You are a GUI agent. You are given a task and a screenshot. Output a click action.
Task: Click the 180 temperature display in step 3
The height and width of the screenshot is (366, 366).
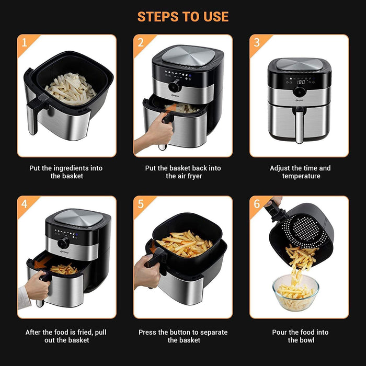[x=301, y=82]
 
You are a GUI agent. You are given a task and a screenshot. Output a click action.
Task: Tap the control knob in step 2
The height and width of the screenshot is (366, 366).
[x=174, y=87]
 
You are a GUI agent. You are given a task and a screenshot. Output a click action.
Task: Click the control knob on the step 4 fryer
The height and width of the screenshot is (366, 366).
[x=63, y=243]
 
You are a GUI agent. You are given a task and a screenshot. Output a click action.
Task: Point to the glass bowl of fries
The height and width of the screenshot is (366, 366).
[x=295, y=293]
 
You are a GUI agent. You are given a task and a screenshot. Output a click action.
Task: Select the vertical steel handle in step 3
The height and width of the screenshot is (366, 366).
[x=299, y=127]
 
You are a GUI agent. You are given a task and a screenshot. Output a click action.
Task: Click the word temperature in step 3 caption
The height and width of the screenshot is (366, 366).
[x=301, y=176]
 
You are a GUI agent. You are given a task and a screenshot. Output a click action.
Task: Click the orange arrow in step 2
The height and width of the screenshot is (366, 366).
[x=172, y=108]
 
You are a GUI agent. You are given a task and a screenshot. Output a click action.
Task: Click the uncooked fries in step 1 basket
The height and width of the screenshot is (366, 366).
[x=71, y=89]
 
